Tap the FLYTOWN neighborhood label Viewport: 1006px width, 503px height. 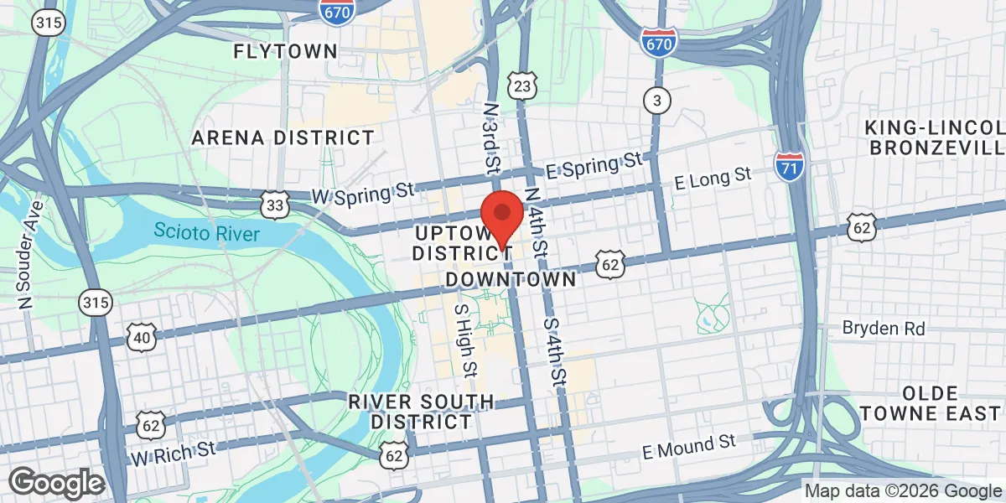(285, 51)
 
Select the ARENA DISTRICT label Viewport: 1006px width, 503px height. (283, 137)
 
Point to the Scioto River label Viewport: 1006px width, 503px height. (207, 232)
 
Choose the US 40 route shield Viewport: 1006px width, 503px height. (140, 337)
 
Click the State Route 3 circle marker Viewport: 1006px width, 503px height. (658, 101)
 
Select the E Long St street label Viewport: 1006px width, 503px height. (714, 177)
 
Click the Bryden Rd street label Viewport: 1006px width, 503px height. (884, 329)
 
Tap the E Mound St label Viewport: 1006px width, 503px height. (688, 447)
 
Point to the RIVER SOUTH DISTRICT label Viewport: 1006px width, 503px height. (421, 412)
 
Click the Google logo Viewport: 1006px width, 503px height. (56, 483)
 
